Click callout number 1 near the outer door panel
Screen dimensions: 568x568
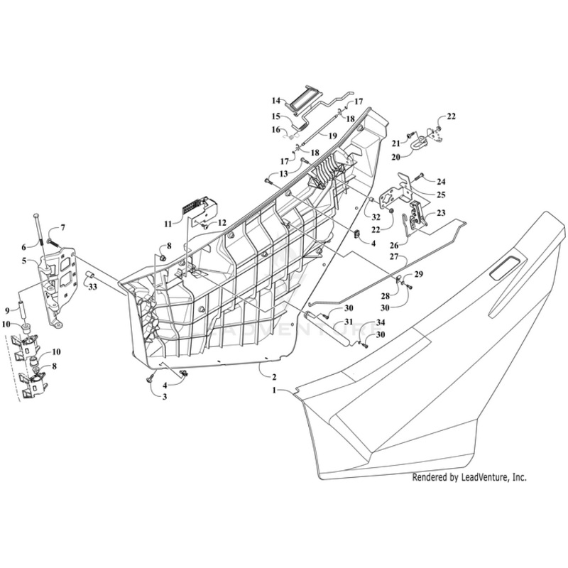[274, 390]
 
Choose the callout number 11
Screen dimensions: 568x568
[168, 223]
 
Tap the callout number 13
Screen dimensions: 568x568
[284, 173]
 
